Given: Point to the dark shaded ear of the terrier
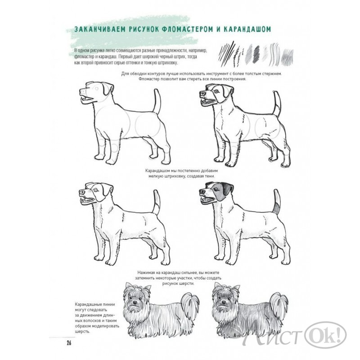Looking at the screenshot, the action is pos(227,189).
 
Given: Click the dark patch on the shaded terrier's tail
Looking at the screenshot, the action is pos(277,208).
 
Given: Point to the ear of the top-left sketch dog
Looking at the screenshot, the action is pos(108,88).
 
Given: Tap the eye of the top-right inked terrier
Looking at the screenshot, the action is pos(216,91).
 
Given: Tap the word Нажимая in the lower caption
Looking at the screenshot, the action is pos(146,273).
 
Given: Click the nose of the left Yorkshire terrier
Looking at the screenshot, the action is pos(135,302).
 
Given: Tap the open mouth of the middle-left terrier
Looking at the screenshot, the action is pos(88,200).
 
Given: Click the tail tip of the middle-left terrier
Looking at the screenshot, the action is pos(156,192).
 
